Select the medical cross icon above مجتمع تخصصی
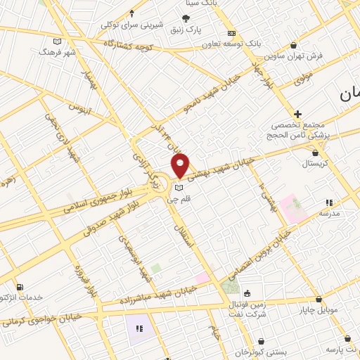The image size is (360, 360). pos(298,113)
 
